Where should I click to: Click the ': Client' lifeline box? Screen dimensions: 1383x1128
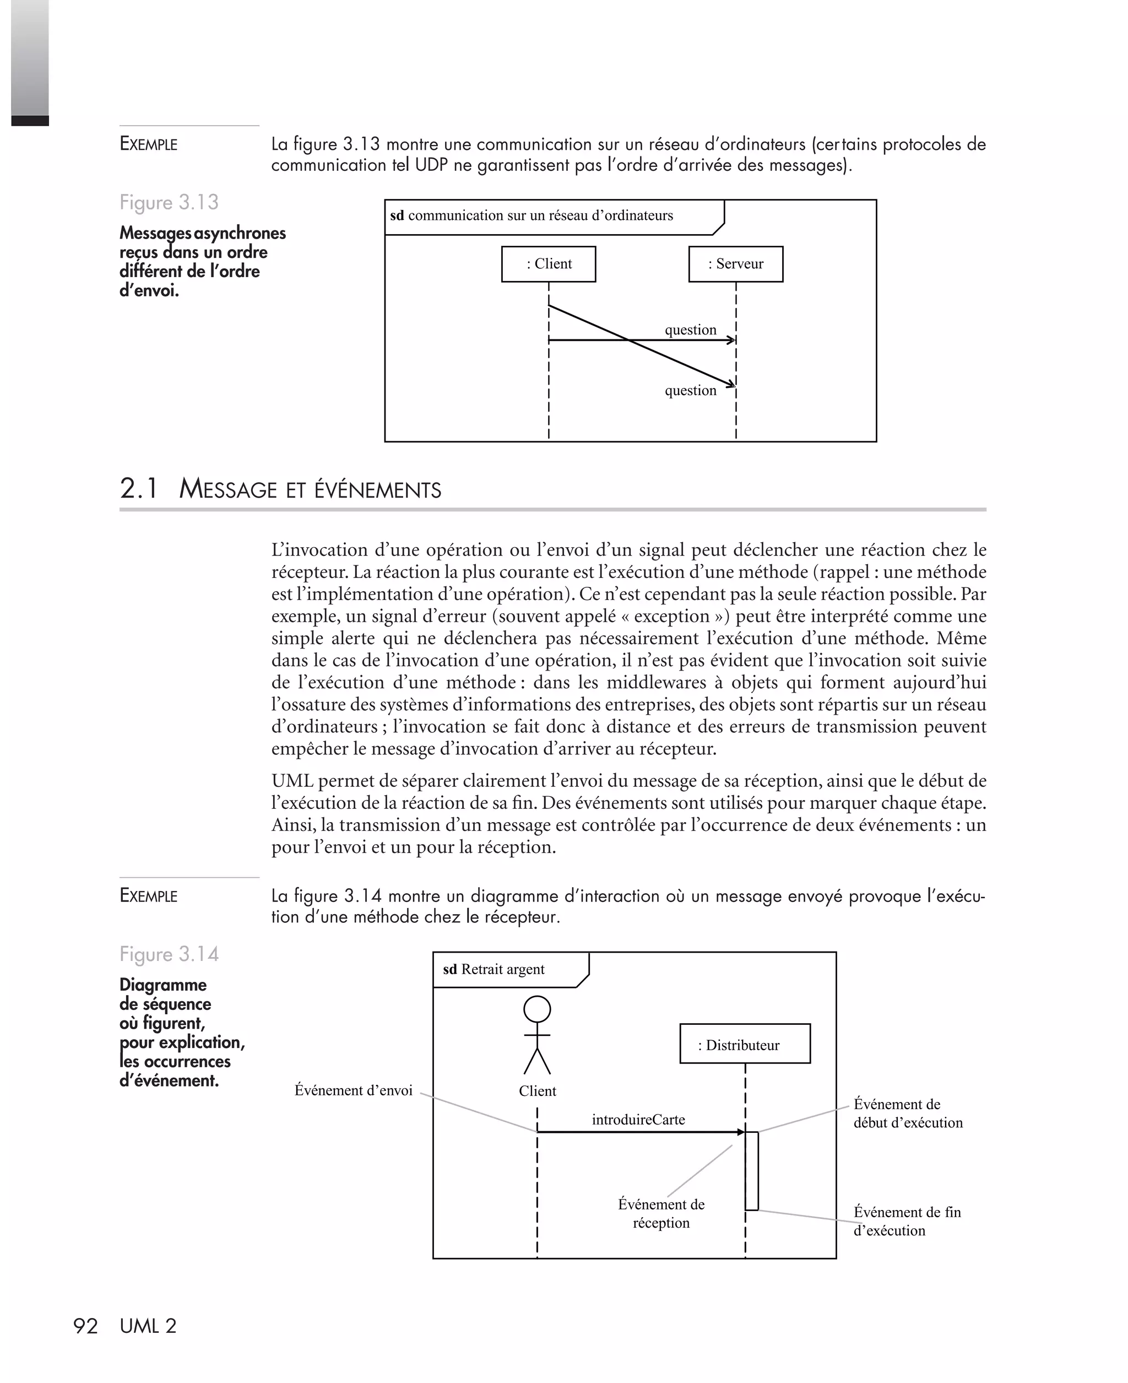coord(549,264)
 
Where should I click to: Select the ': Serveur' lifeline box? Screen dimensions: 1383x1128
coord(735,264)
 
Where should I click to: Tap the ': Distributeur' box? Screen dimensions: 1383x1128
coord(745,1045)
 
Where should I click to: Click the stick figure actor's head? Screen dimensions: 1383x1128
coord(538,1010)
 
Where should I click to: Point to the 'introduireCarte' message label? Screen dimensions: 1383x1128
coord(638,1119)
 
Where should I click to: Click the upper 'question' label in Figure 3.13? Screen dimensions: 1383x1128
coord(690,329)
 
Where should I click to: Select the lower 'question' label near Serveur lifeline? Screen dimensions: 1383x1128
coord(690,391)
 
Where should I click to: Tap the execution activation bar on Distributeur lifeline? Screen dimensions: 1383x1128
coord(752,1171)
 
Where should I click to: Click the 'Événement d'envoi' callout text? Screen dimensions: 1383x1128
coord(354,1090)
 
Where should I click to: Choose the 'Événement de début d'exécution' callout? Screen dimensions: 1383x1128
coord(908,1114)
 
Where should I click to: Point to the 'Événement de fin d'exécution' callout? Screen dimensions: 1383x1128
coord(907,1221)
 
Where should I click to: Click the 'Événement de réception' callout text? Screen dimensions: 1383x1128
coord(661,1213)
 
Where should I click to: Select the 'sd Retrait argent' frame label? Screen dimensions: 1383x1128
coord(494,969)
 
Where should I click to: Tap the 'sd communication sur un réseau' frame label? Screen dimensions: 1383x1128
coord(532,216)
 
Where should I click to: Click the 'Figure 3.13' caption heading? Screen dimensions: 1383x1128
coord(169,202)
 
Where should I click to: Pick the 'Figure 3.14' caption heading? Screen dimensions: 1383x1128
coord(169,954)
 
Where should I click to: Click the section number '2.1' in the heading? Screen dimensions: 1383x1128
coord(138,489)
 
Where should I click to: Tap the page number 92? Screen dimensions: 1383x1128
coord(85,1326)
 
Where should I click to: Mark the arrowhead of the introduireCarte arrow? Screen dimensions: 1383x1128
coord(741,1132)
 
